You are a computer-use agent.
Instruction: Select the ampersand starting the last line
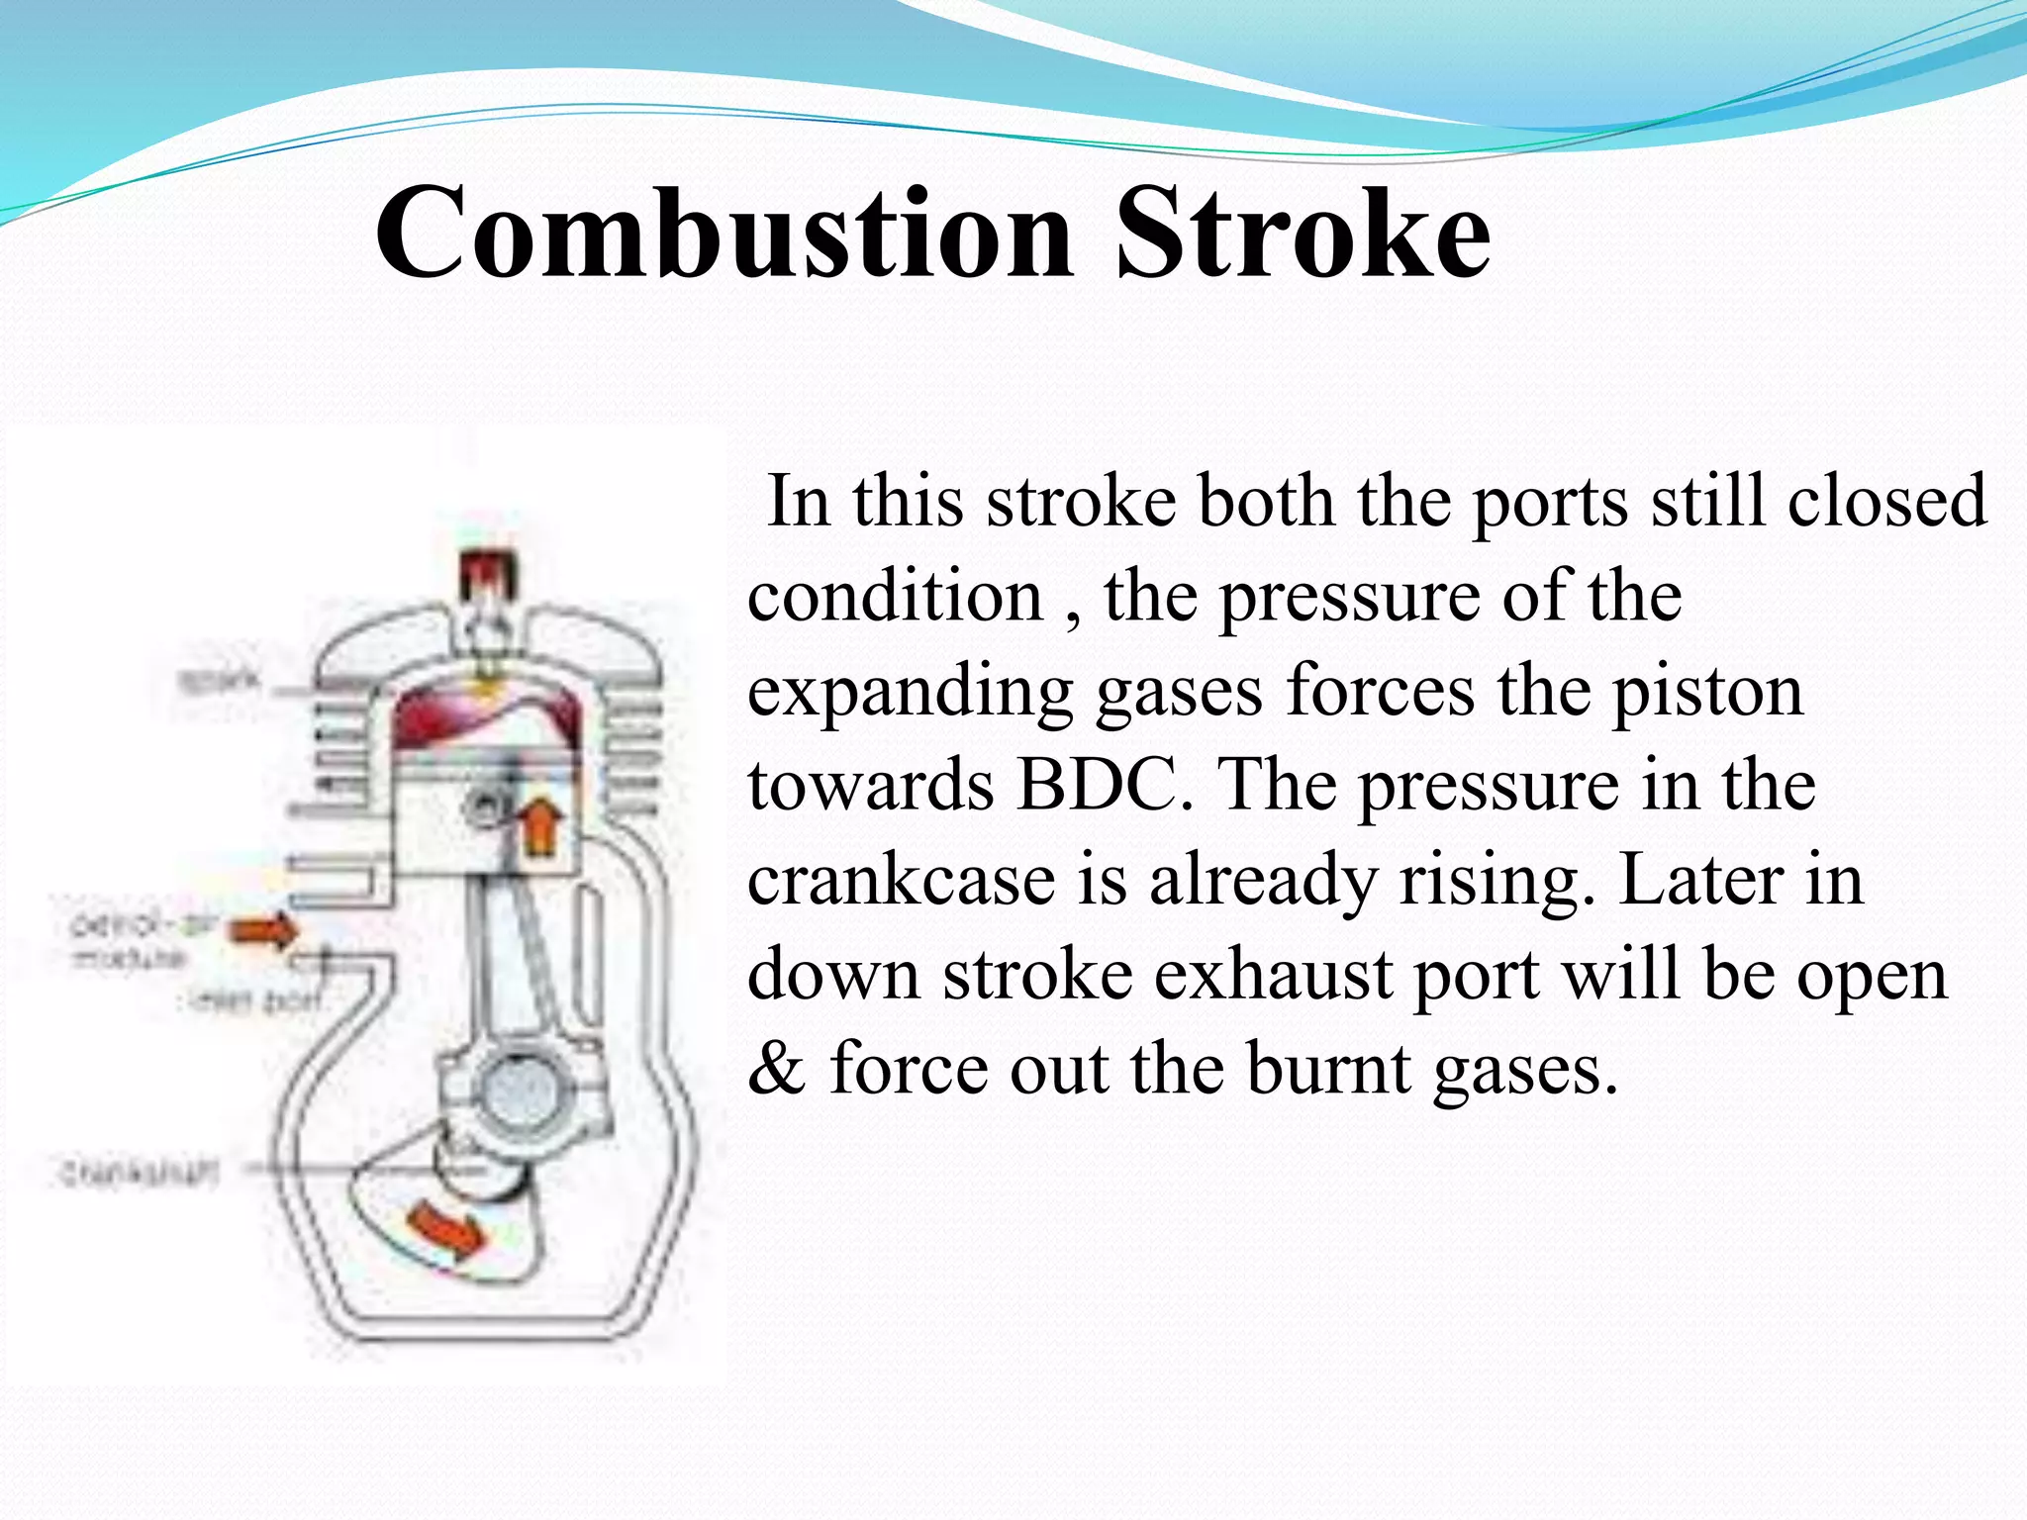777,1069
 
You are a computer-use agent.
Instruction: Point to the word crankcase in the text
901,880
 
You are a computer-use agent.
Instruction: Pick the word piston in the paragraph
1708,691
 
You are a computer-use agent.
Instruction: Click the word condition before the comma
895,596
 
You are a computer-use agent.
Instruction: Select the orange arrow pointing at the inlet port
263,930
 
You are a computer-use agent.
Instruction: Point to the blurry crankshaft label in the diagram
139,1174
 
